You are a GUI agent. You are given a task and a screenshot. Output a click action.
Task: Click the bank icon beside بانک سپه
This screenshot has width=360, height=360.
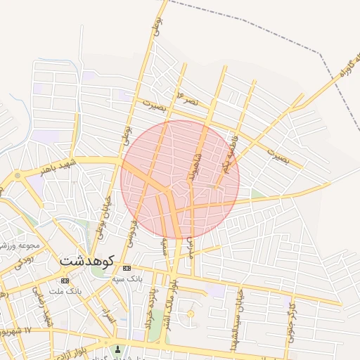(x=127, y=269)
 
